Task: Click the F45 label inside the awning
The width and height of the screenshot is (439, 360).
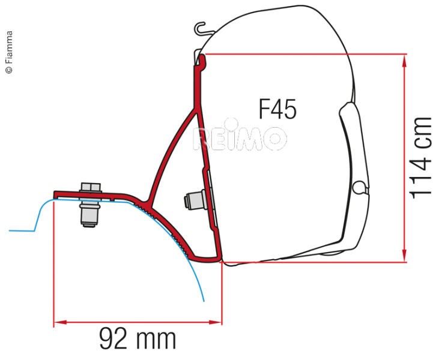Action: [278, 109]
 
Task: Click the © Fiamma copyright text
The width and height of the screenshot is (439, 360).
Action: [8, 52]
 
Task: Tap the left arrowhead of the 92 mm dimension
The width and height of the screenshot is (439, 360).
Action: [58, 323]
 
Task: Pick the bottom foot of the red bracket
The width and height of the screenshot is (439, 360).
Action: [214, 259]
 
